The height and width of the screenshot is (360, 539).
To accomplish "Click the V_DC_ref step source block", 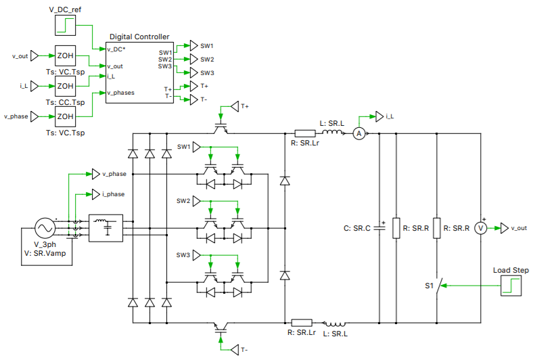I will coord(65,26).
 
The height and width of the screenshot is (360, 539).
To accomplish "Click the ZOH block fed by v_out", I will coord(65,56).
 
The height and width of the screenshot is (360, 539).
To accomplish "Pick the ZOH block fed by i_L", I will coord(65,86).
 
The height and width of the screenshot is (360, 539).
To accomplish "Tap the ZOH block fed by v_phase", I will coord(65,116).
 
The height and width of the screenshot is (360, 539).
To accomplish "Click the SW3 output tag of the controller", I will coord(194,72).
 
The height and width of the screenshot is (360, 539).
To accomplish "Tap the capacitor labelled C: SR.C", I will coord(379,228).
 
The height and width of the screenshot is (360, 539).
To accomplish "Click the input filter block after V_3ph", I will coord(106,228).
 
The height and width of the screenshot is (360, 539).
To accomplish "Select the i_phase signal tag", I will coord(96,195).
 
